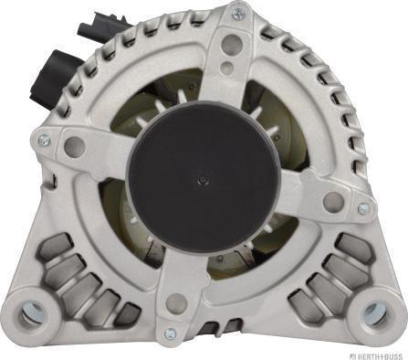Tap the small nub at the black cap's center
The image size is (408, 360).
click(203, 181)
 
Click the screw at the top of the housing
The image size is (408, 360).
click(237, 13)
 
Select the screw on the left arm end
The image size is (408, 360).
click(45, 140)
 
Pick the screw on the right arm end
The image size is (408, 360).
click(364, 208)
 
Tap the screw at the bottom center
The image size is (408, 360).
click(171, 334)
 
